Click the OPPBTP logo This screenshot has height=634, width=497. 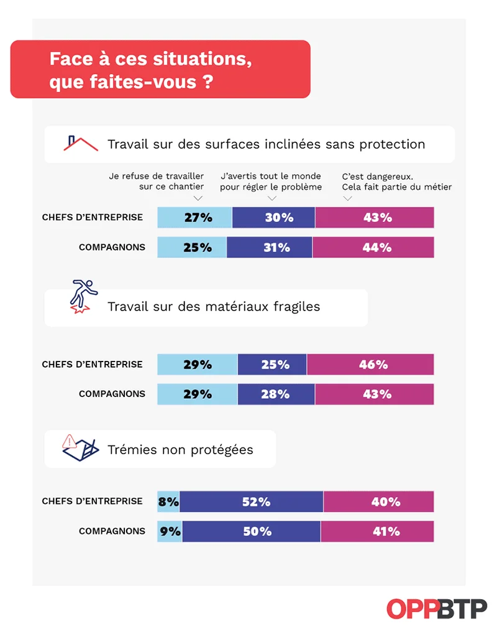point(436,608)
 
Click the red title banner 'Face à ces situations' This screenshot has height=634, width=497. point(160,70)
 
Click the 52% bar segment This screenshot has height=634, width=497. point(252,501)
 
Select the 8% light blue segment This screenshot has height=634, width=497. point(168,501)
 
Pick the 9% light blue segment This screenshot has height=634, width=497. point(170,531)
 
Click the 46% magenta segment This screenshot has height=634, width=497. point(370,365)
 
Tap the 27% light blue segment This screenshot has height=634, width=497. point(194,218)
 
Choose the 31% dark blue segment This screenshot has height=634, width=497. point(270,247)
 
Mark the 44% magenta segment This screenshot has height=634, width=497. point(373,247)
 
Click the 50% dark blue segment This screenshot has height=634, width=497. point(252,531)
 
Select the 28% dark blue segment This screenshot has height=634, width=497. point(276,394)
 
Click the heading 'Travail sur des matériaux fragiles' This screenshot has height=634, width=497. point(214,307)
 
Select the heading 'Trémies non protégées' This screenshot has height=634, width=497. point(180,449)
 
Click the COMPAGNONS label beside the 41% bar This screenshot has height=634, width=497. point(112,531)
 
